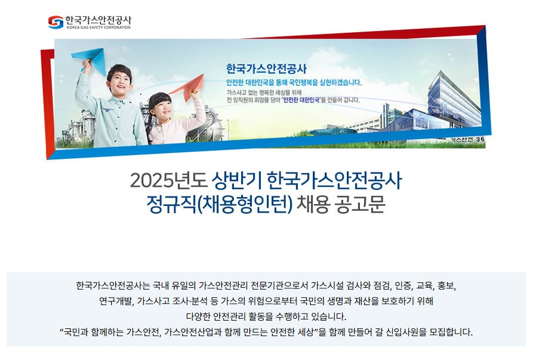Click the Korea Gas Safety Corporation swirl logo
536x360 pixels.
point(56,22)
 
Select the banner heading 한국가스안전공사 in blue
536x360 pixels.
point(266,69)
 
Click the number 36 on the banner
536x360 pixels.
point(480,139)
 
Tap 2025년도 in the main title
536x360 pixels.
point(168,180)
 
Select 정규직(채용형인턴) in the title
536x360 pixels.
point(220,204)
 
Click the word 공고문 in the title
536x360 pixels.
point(361,204)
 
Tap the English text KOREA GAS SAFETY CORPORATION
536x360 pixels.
point(98,27)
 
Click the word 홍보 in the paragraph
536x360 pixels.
point(446,285)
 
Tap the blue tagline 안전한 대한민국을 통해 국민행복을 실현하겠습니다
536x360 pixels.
point(294,82)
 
